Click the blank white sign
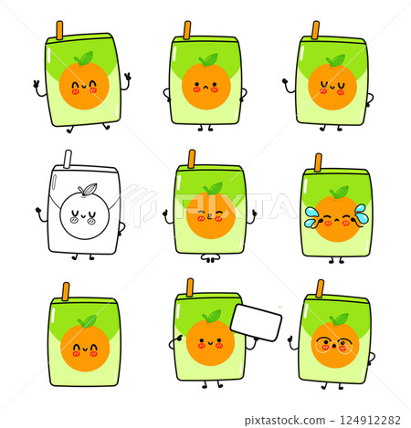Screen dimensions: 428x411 pos(257,321)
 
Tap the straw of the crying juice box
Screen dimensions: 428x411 pos(318,162)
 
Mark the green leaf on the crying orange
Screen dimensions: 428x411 pos(339,192)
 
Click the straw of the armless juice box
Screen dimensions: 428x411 pos(66,291)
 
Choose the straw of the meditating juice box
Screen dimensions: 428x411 pos(192,159)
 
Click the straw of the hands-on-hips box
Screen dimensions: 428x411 pos(187,30)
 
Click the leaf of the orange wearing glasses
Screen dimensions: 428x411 pos(338,319)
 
